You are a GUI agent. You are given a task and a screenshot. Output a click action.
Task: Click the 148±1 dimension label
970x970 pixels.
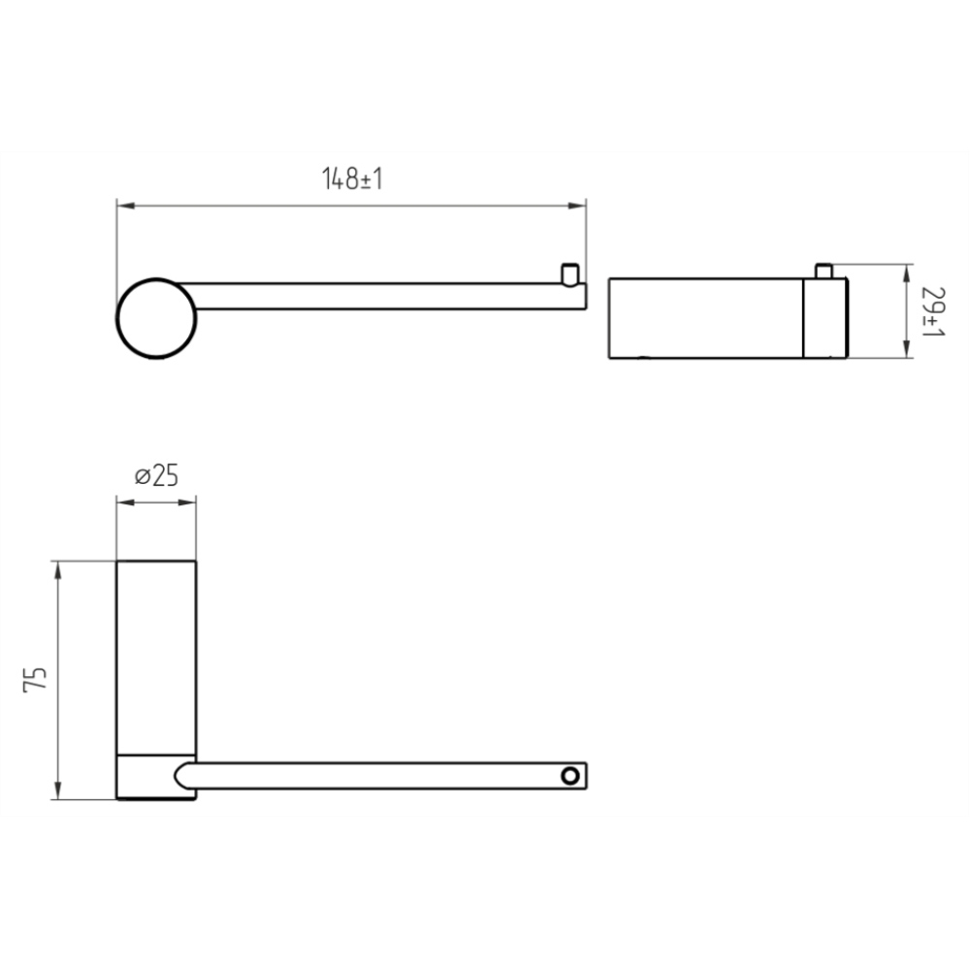click(353, 178)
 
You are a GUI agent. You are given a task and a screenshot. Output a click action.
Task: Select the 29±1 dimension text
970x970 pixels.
click(932, 311)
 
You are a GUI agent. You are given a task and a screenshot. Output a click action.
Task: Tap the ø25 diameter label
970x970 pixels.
click(156, 475)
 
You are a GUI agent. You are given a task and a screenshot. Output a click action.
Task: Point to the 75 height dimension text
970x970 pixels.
click(35, 679)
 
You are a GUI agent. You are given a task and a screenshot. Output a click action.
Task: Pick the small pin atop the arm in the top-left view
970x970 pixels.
click(570, 275)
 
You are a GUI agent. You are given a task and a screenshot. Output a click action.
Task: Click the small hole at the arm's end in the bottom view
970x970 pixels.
click(570, 776)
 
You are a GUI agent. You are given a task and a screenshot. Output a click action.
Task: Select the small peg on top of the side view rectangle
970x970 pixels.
click(824, 271)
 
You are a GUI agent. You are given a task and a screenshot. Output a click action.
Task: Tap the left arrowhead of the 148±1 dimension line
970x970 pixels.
click(125, 206)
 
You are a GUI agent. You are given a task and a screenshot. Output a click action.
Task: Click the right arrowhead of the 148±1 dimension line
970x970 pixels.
click(576, 206)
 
